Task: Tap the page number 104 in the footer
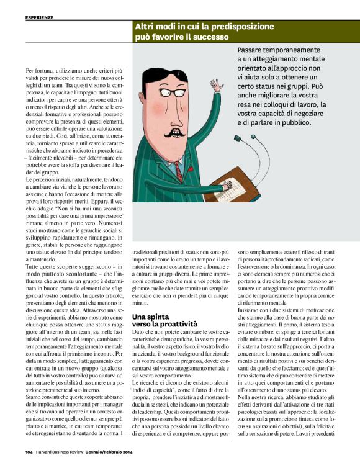pyautogui.click(x=29, y=461)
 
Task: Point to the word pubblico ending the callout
pyautogui.click(x=299, y=124)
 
